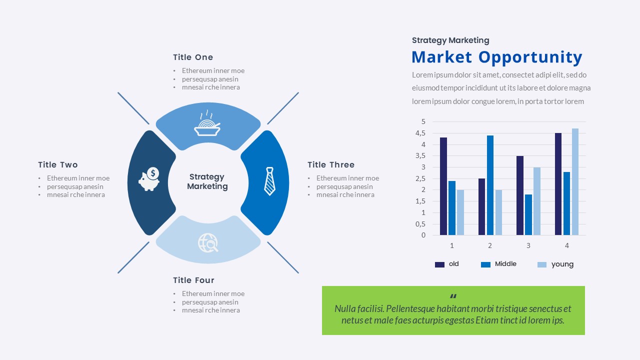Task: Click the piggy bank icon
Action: [x=149, y=179]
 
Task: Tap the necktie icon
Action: [x=269, y=181]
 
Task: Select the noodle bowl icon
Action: [x=207, y=124]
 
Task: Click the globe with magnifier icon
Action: [x=208, y=243]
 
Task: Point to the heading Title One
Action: [x=193, y=57]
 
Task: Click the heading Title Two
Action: [x=58, y=165]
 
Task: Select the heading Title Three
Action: [x=331, y=165]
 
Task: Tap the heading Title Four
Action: [x=193, y=280]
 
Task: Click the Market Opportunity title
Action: [x=496, y=57]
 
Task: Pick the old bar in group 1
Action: [x=443, y=186]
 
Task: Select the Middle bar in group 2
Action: [x=490, y=185]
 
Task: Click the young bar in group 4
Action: [x=575, y=181]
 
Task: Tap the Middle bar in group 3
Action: [x=528, y=214]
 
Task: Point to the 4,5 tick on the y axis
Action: [x=420, y=133]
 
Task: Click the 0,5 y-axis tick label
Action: [x=420, y=224]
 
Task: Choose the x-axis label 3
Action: [x=528, y=245]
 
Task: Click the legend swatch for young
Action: [x=542, y=264]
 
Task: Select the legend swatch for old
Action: [x=439, y=264]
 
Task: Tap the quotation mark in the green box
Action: [x=453, y=296]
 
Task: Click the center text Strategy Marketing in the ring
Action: [x=207, y=181]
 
